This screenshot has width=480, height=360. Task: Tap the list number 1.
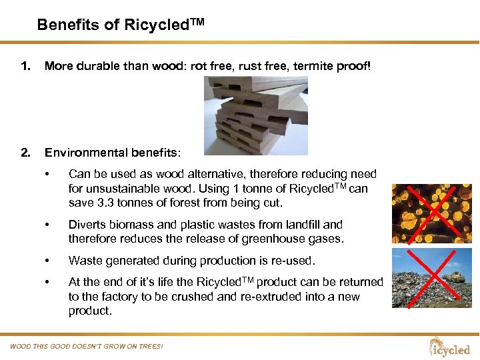click(x=25, y=66)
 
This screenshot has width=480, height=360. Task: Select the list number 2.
click(x=25, y=152)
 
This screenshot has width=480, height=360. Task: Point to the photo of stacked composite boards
click(x=255, y=115)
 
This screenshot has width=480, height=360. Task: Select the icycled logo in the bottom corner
click(x=450, y=347)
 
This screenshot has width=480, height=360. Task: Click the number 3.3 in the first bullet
click(x=104, y=203)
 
